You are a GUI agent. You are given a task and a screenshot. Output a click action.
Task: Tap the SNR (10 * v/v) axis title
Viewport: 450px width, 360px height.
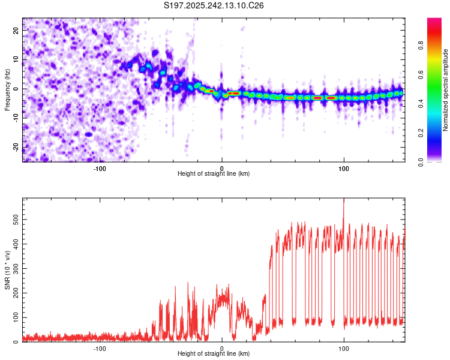click(x=7, y=271)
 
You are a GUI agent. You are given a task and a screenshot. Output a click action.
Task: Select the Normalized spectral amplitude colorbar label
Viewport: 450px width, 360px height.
click(x=446, y=90)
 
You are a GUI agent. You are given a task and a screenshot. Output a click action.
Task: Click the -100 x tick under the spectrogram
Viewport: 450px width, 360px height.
click(x=100, y=168)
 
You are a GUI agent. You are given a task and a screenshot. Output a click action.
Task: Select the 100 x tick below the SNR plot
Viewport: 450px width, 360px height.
click(x=344, y=349)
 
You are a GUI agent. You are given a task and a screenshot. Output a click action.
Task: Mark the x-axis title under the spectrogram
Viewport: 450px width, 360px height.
click(x=214, y=174)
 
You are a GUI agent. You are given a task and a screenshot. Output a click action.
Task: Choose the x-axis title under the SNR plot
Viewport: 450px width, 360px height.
click(x=214, y=354)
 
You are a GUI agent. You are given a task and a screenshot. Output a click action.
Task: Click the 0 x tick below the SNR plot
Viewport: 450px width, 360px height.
click(x=222, y=349)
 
